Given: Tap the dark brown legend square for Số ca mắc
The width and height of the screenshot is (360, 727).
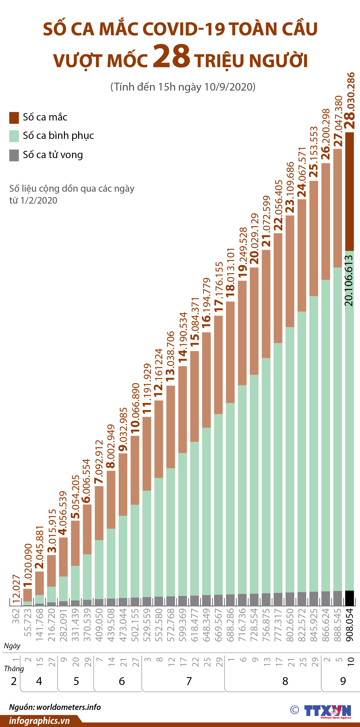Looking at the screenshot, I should (x=14, y=118).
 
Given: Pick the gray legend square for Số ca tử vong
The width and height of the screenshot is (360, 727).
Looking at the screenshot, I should (x=14, y=155).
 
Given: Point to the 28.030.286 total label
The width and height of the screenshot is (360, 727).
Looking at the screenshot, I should (x=350, y=101).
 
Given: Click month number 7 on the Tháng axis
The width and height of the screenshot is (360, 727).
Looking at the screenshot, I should (x=189, y=681).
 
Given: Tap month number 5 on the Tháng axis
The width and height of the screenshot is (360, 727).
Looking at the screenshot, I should (x=76, y=681).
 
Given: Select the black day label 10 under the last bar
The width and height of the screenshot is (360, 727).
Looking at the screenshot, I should (x=350, y=661).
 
